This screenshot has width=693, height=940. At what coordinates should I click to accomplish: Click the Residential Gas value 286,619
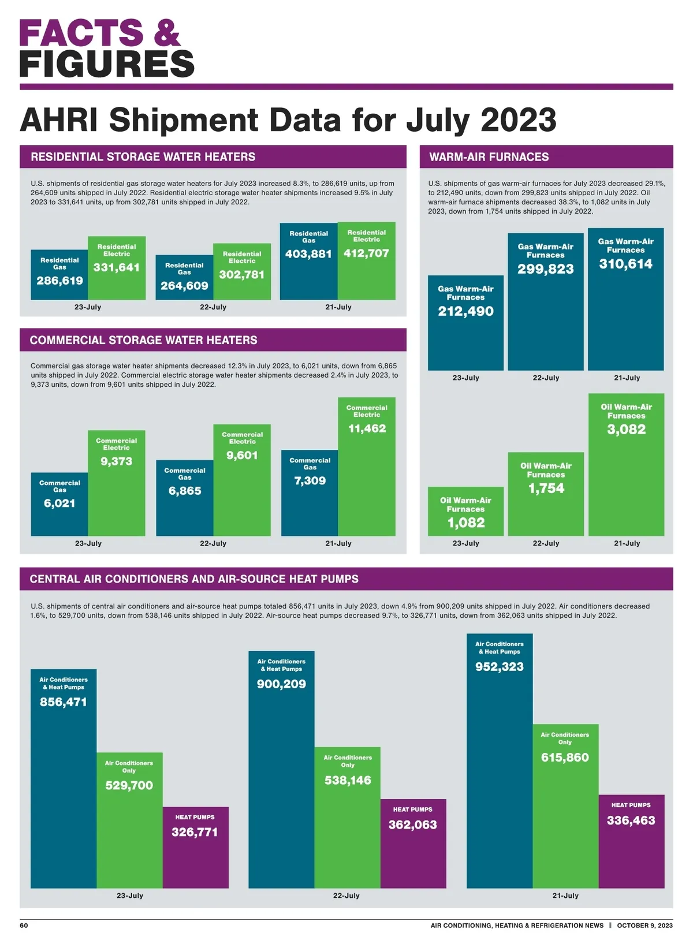[x=59, y=281]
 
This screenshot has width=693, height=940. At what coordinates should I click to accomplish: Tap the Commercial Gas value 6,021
[x=59, y=503]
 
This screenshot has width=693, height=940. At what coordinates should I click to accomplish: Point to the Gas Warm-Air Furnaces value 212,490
[x=465, y=311]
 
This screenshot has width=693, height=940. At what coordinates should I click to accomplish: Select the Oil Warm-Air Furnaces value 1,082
[x=465, y=523]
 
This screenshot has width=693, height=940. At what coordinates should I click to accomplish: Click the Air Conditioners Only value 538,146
[x=348, y=780]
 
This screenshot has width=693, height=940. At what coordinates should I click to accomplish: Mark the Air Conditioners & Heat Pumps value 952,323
[x=500, y=666]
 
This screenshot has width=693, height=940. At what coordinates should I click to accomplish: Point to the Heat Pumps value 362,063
[x=412, y=825]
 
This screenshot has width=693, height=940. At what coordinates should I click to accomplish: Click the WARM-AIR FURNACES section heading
[x=489, y=156]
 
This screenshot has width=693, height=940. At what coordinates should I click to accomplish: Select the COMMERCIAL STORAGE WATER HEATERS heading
[x=143, y=340]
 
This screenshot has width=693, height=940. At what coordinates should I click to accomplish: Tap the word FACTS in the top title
[x=81, y=33]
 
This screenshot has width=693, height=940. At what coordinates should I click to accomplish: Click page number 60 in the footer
[x=24, y=925]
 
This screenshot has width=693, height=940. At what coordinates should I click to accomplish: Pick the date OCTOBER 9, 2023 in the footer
[x=644, y=925]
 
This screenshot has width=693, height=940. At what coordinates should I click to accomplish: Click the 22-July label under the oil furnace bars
[x=546, y=543]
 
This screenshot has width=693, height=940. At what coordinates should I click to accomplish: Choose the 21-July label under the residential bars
[x=338, y=307]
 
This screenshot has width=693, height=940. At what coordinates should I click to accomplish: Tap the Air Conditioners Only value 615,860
[x=565, y=757]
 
